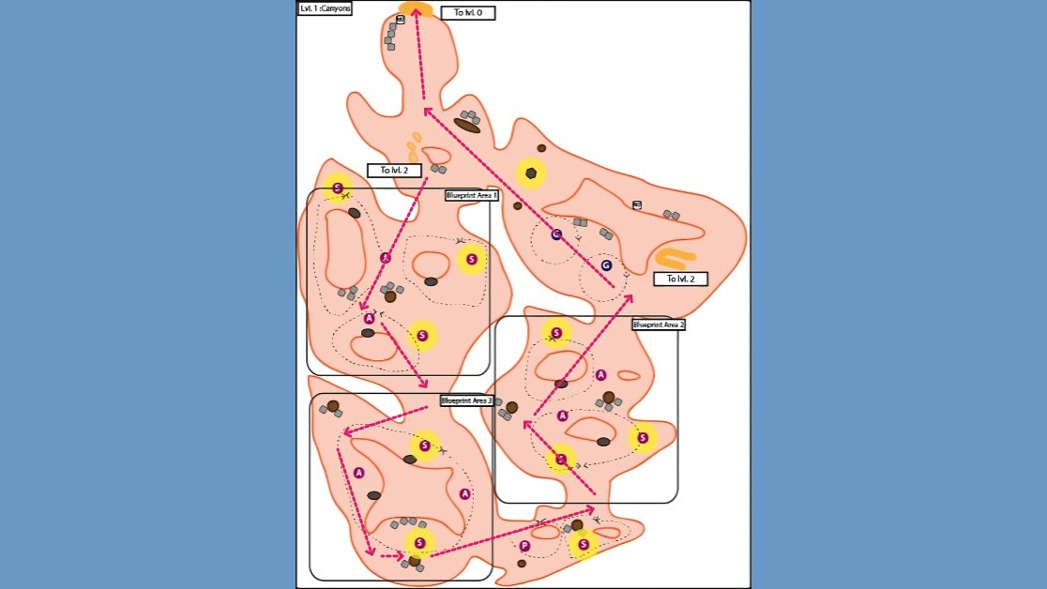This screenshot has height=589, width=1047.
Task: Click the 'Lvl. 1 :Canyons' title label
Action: pyautogui.click(x=325, y=8)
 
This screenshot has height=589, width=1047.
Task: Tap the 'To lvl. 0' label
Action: pyautogui.click(x=467, y=13)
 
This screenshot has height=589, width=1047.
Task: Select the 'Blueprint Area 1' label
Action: pyautogui.click(x=471, y=196)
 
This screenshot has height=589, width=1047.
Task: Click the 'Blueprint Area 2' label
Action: pyautogui.click(x=658, y=325)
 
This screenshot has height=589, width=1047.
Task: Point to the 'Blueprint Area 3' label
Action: pyautogui.click(x=466, y=400)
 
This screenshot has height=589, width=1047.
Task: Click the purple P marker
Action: pyautogui.click(x=524, y=546)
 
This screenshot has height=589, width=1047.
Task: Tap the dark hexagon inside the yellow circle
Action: pyautogui.click(x=531, y=174)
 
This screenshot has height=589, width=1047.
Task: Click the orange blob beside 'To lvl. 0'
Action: pyautogui.click(x=416, y=9)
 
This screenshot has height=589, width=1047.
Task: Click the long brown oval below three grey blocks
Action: pyautogui.click(x=467, y=126)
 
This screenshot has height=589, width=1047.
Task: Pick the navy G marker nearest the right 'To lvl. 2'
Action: pyautogui.click(x=606, y=265)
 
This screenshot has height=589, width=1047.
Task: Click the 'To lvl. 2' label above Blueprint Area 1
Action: pyautogui.click(x=393, y=171)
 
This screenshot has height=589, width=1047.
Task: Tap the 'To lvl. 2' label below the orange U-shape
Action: pyautogui.click(x=679, y=279)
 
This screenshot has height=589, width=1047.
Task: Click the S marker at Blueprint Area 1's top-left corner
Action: pyautogui.click(x=338, y=189)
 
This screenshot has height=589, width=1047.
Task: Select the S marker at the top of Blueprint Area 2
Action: pyautogui.click(x=557, y=333)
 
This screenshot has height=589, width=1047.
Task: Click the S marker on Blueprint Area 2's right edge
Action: pyautogui.click(x=643, y=437)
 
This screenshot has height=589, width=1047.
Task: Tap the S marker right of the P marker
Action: pyautogui.click(x=584, y=544)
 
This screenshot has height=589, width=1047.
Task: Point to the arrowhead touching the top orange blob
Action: pyautogui.click(x=416, y=13)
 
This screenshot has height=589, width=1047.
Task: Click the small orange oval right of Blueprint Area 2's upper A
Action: pyautogui.click(x=629, y=375)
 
